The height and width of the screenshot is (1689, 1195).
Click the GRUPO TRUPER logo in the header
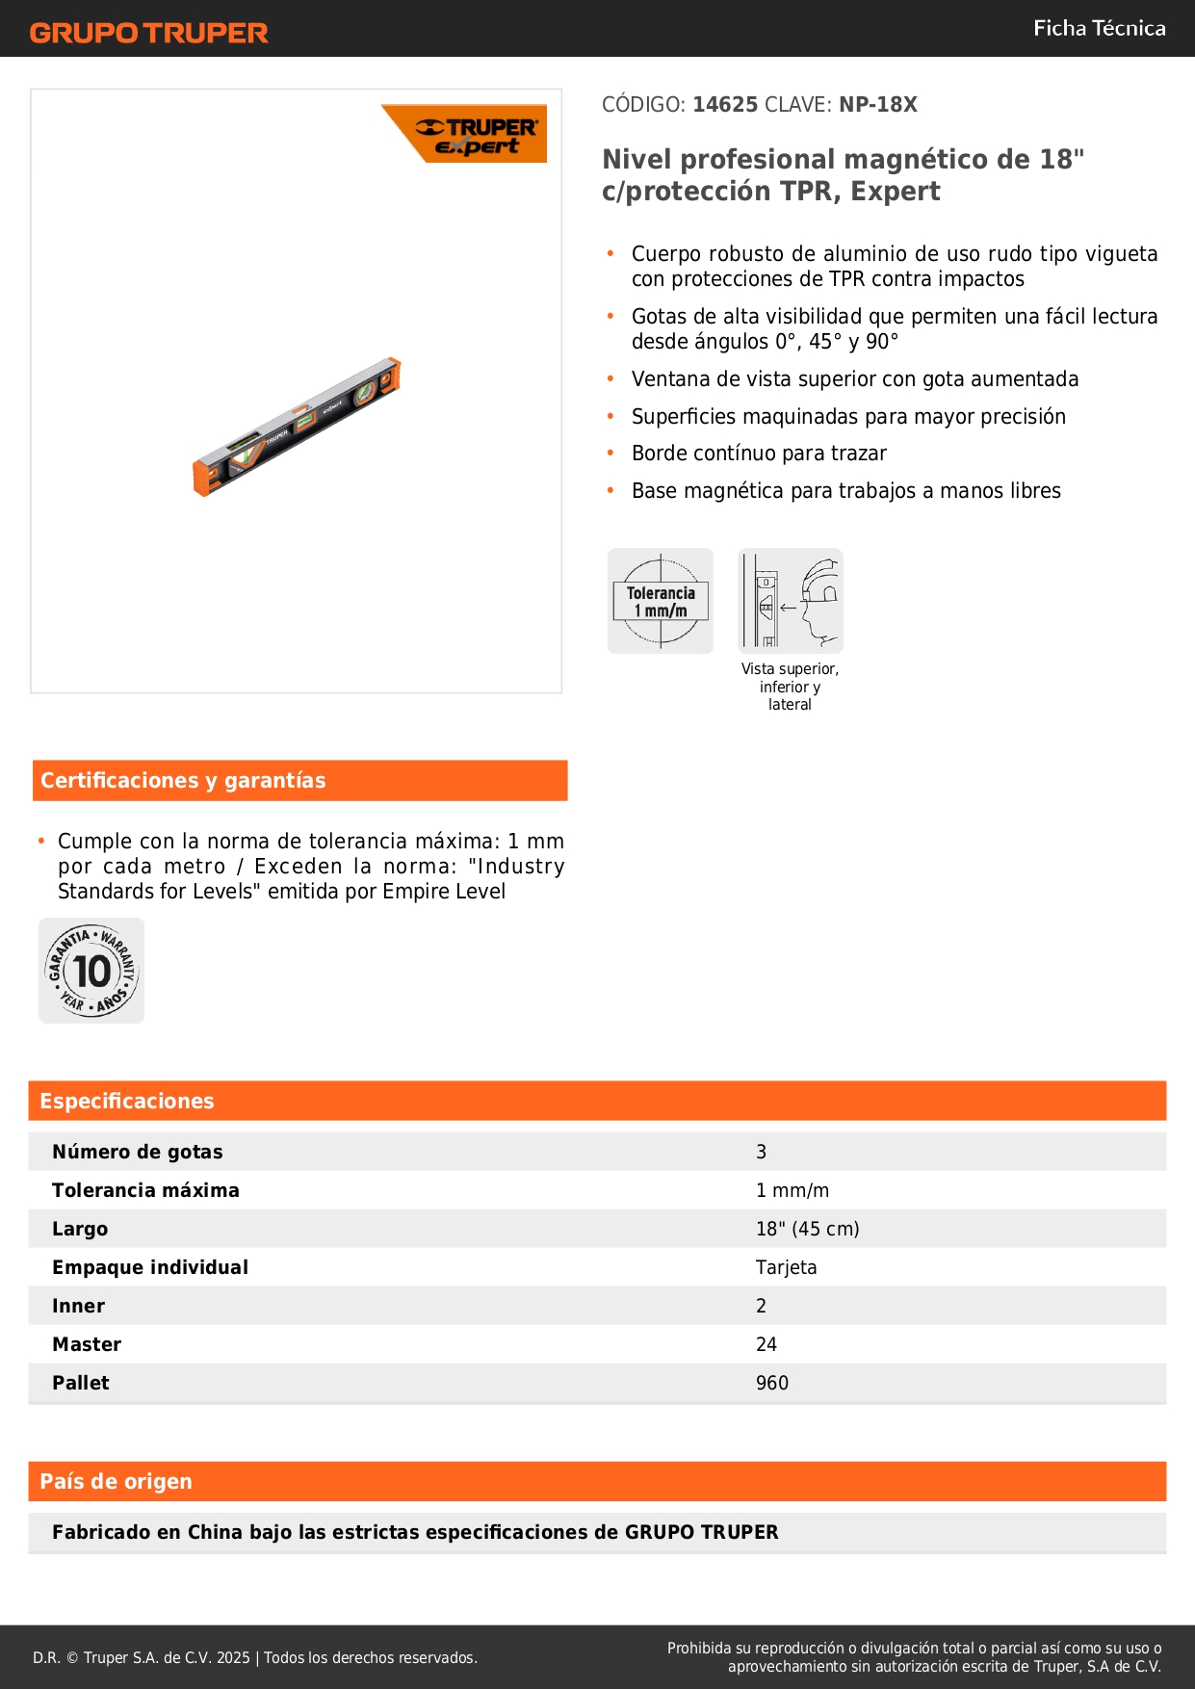click(x=148, y=33)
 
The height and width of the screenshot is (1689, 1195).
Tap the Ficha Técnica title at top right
click(x=1099, y=28)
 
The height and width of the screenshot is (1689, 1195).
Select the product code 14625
click(x=725, y=104)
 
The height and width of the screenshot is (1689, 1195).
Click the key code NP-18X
click(x=877, y=104)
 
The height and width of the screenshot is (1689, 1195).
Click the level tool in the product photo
click(x=297, y=426)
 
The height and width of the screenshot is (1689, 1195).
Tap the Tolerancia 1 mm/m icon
click(x=661, y=601)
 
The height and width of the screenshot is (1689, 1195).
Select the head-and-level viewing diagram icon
click(x=791, y=601)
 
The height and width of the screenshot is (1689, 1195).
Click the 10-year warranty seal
click(x=91, y=971)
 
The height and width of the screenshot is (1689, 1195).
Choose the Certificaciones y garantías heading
click(x=183, y=780)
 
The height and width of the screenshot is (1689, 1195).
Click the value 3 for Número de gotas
click(x=761, y=1152)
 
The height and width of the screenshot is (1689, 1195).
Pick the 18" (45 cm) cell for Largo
click(x=807, y=1229)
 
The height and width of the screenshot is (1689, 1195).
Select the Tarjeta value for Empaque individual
click(x=786, y=1267)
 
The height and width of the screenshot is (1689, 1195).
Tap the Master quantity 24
click(x=766, y=1344)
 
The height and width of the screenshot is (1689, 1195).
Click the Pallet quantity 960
click(x=771, y=1383)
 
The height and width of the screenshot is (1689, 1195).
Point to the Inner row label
click(x=78, y=1306)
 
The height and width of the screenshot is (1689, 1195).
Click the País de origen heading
click(x=116, y=1481)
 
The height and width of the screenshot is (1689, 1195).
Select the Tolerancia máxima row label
click(x=145, y=1190)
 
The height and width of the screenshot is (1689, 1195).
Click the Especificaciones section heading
click(x=126, y=1101)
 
